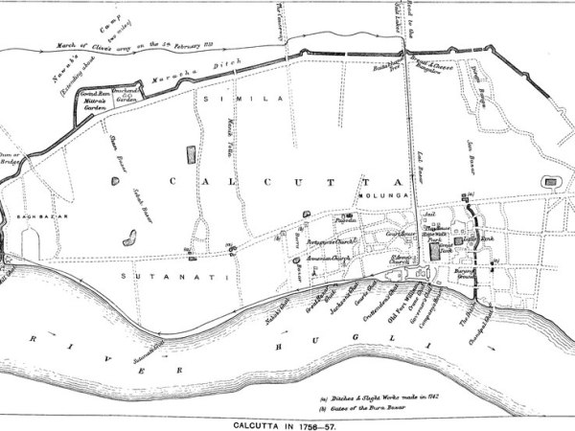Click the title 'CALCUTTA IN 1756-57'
287,421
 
